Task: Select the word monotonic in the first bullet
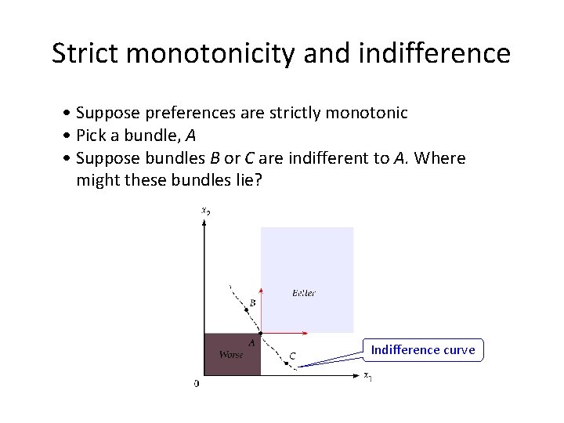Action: tap(367, 113)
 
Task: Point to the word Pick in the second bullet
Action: tap(92, 136)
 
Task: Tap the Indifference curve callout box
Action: tap(423, 349)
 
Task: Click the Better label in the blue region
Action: tap(303, 293)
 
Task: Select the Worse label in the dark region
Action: tap(231, 355)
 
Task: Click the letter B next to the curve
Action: tap(252, 302)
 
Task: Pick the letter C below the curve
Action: tap(291, 356)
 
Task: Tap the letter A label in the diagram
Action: tap(251, 342)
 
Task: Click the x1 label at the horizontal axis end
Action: tap(367, 376)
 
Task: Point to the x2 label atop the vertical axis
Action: tap(205, 210)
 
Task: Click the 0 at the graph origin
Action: tap(196, 383)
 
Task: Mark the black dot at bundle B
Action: tap(247, 310)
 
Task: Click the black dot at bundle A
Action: tap(260, 333)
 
